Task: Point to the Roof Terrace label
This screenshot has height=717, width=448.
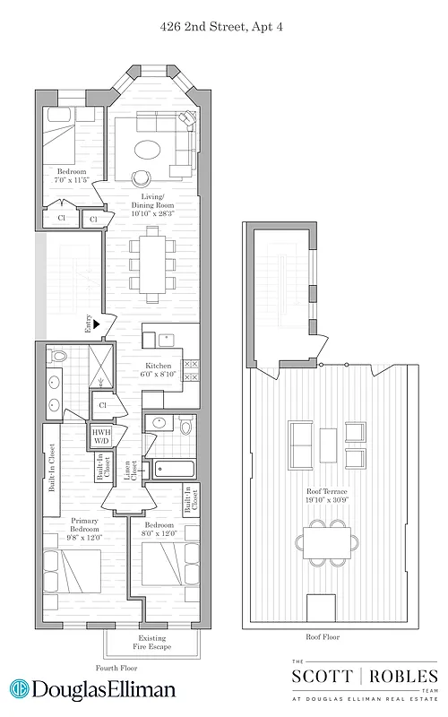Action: [x=325, y=493]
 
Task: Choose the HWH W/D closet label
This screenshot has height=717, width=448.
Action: [x=101, y=436]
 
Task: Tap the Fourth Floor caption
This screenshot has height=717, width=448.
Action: [x=116, y=669]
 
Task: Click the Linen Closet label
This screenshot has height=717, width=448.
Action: [x=134, y=470]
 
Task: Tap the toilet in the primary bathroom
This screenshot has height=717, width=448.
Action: [x=59, y=356]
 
